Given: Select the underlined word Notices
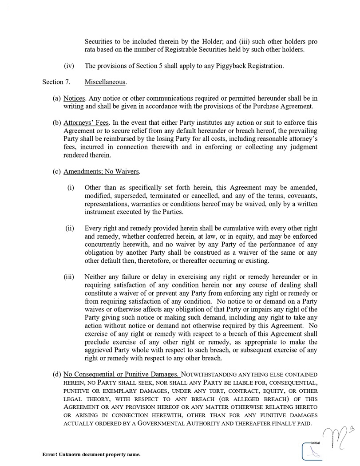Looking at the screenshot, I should point(75,98).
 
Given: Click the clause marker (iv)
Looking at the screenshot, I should point(69,66).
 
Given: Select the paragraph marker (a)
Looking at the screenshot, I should point(57,98).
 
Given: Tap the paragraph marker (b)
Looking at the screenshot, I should point(57,122).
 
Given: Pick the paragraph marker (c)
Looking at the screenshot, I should point(57,171).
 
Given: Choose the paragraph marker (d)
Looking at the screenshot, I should point(57,375).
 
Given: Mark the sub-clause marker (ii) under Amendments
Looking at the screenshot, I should point(70,228).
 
